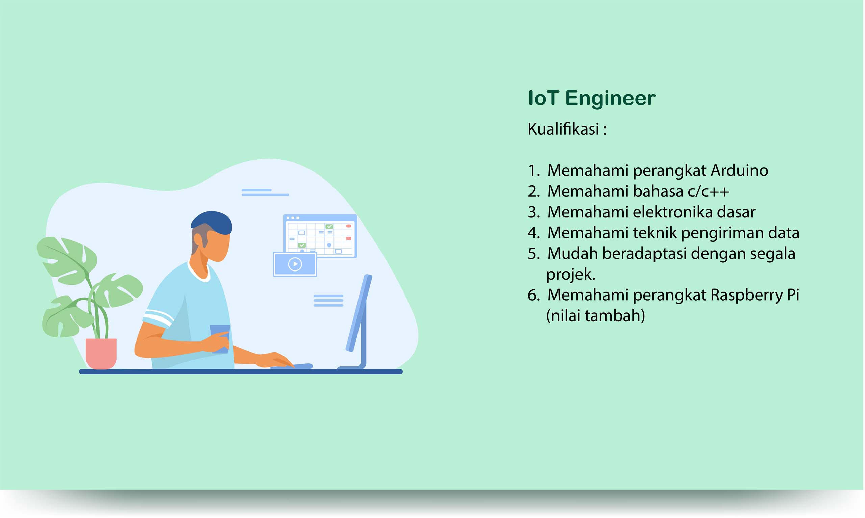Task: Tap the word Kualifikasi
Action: (x=564, y=129)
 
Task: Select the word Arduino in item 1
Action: (x=739, y=171)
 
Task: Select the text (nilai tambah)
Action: (x=596, y=316)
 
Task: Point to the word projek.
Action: (x=571, y=275)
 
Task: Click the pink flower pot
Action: (x=101, y=354)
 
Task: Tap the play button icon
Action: (x=295, y=264)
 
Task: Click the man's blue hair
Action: (x=212, y=223)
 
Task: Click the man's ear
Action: (x=198, y=240)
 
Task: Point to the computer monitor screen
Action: (x=359, y=313)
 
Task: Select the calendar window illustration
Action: (x=320, y=236)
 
